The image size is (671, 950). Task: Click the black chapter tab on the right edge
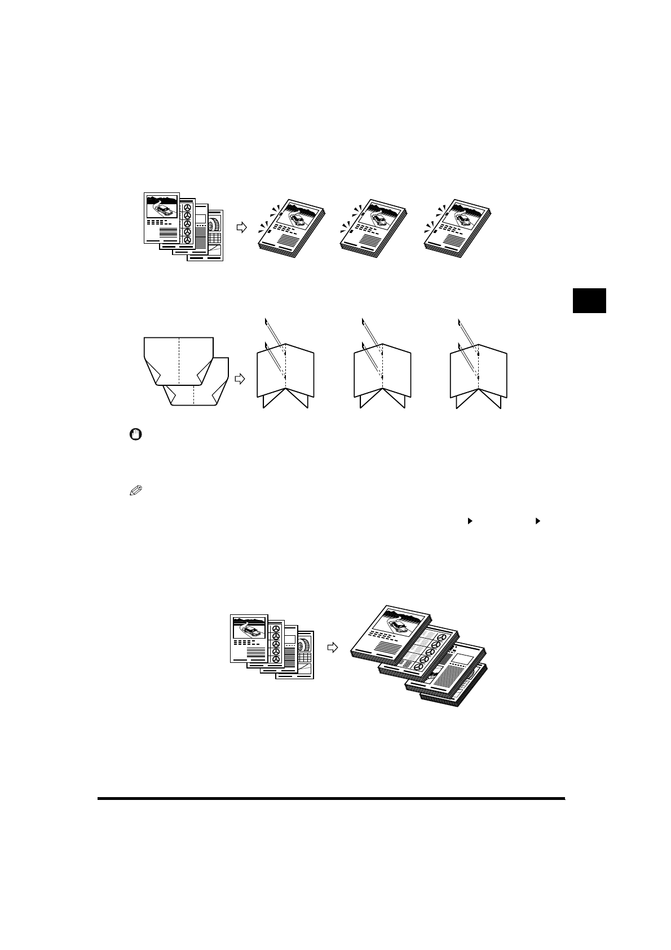coord(589,300)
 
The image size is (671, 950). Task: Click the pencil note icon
coord(135,491)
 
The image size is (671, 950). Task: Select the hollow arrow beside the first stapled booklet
coord(241,227)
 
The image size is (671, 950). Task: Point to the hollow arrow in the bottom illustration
coord(333,648)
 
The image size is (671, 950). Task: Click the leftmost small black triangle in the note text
coord(468,522)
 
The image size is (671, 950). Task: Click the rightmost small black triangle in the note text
coord(537,522)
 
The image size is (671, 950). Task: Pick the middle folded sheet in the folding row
coord(382,375)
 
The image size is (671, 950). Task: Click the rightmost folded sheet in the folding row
coord(478,375)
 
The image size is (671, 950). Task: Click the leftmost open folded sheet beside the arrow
coord(285,375)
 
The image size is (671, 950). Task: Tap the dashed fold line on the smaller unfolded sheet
coord(194,395)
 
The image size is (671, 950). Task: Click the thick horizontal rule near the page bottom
coord(331,798)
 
